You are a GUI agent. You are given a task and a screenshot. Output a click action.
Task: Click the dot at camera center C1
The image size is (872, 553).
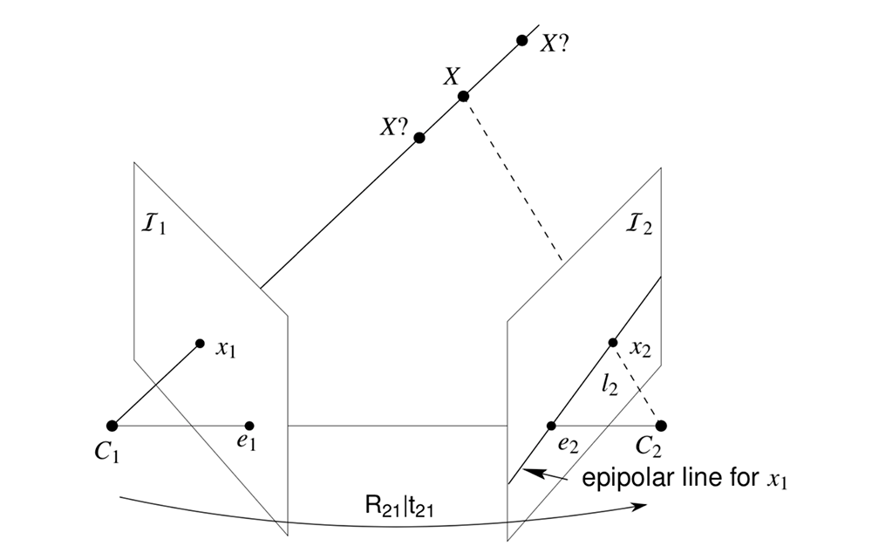coord(112,426)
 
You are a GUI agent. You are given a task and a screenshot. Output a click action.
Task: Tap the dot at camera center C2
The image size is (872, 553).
coord(661,426)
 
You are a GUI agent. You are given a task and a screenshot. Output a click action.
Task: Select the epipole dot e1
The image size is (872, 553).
coord(249,426)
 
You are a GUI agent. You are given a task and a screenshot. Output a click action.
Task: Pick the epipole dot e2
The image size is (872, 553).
coord(551,426)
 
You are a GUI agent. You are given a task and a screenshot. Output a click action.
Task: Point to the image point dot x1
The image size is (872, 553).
coord(200,344)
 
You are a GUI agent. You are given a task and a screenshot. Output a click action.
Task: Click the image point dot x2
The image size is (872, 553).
coord(613,342)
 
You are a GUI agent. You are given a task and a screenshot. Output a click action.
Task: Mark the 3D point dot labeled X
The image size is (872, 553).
coord(463,96)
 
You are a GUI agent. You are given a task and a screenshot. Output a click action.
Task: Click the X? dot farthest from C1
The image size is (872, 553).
coord(522,40)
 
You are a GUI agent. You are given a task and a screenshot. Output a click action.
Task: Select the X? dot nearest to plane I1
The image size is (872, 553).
coord(419,138)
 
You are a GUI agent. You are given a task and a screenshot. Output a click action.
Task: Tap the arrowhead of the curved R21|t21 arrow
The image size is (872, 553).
coord(644,504)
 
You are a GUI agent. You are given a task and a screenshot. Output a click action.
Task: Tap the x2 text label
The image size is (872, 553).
coord(640,349)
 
